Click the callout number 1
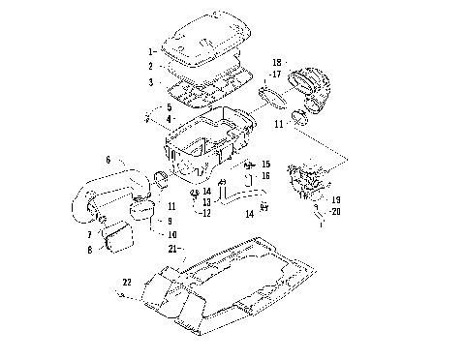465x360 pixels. coord(150,48)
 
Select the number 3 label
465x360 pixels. coord(150,83)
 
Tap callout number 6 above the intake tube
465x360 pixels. coord(108,159)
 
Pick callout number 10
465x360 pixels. coord(172,234)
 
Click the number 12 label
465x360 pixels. coord(204,213)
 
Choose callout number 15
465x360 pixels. coord(266,165)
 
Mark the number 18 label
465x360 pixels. coord(277,60)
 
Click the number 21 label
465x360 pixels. coord(172,249)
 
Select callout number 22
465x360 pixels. coord(126,282)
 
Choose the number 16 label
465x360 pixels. coord(266,176)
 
